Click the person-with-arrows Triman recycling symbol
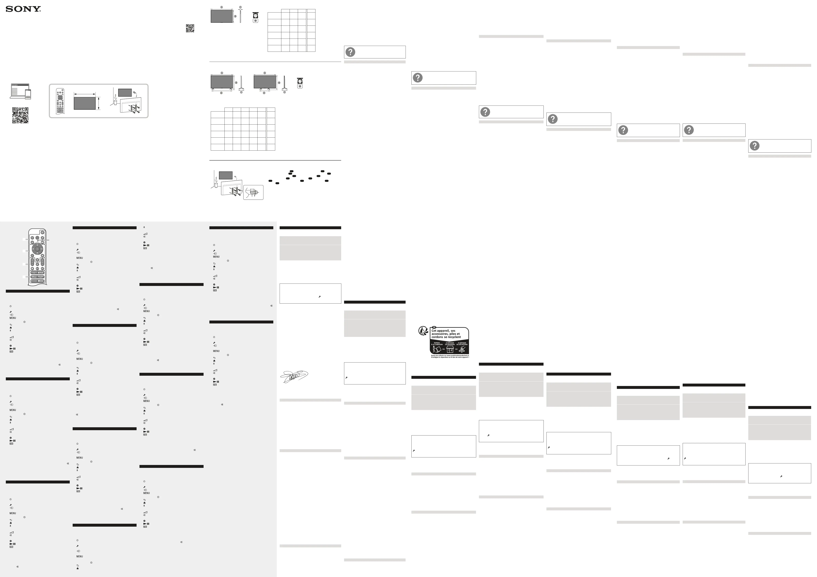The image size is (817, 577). point(423,331)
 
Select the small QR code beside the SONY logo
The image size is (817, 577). point(190,28)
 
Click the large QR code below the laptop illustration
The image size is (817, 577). point(20,115)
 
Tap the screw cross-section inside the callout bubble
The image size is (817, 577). point(253,192)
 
